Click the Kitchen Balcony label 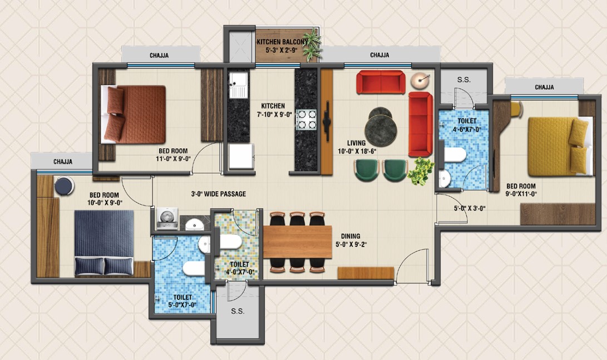282,42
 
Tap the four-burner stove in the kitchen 307,120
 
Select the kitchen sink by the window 238,85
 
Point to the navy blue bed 104,243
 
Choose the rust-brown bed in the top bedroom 133,115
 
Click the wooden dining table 297,242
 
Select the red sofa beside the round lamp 381,82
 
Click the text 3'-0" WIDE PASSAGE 218,194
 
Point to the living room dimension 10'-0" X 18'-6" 357,151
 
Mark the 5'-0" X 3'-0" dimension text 470,208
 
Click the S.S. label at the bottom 238,311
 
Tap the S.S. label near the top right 464,80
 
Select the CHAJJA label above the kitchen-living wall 379,55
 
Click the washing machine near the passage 167,219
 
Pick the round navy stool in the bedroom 65,186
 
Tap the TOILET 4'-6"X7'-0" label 466,125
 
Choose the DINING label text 351,236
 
